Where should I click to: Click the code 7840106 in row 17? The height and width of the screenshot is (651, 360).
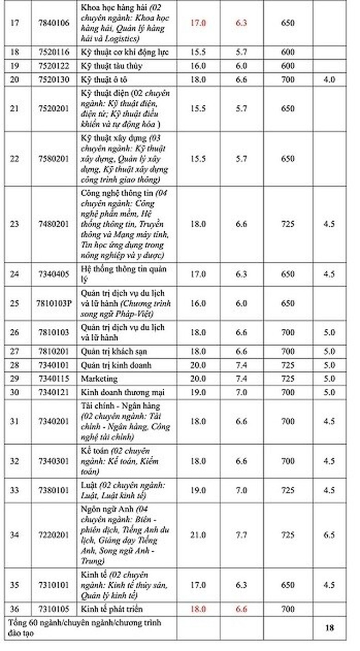click(x=54, y=23)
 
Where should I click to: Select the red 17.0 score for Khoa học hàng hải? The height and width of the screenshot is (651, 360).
click(x=198, y=23)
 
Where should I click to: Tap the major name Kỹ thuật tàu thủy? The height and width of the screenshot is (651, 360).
click(x=111, y=66)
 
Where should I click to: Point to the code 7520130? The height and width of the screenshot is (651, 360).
click(x=54, y=80)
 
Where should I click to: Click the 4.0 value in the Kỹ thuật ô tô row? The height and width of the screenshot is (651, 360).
click(x=329, y=80)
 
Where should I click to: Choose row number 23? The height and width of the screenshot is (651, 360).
click(x=15, y=224)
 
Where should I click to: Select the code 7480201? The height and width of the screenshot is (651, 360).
click(x=54, y=224)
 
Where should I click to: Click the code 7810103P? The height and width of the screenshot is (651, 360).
click(x=54, y=303)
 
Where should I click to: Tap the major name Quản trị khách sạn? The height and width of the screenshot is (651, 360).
click(x=114, y=351)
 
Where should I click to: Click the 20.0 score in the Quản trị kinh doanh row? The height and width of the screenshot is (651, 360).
click(x=198, y=365)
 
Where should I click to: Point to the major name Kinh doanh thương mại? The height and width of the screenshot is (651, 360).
click(x=122, y=392)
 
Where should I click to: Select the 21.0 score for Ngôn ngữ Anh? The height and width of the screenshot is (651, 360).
click(x=198, y=535)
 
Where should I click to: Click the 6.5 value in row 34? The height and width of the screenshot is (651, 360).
click(x=329, y=535)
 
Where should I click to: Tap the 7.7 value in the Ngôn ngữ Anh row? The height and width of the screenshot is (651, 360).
click(x=241, y=535)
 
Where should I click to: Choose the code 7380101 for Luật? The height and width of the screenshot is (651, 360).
click(x=54, y=490)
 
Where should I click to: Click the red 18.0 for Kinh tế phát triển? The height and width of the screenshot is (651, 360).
click(x=198, y=609)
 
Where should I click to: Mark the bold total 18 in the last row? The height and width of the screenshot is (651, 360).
click(x=329, y=628)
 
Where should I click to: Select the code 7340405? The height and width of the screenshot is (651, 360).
click(x=54, y=274)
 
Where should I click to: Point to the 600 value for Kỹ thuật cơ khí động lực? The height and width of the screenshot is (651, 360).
click(x=288, y=52)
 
